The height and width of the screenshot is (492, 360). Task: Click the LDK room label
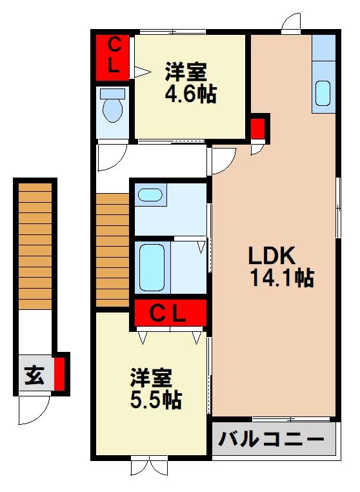pos(272,255)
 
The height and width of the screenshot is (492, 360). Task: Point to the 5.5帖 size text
pos(155,400)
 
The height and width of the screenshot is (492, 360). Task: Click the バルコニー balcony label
pos(271,440)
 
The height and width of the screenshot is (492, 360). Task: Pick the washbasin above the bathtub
pos(150,194)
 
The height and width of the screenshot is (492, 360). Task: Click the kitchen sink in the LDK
pos(323,93)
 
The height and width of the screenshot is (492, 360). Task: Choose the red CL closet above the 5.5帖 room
pos(170,314)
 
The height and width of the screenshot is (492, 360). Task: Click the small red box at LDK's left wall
pos(258,127)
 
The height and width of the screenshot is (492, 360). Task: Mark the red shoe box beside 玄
pos(60,373)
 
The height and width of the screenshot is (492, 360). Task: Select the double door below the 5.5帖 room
pos(148,466)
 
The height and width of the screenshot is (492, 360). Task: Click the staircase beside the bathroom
pos(113,249)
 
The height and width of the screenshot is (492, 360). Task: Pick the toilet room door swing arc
pos(110,156)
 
